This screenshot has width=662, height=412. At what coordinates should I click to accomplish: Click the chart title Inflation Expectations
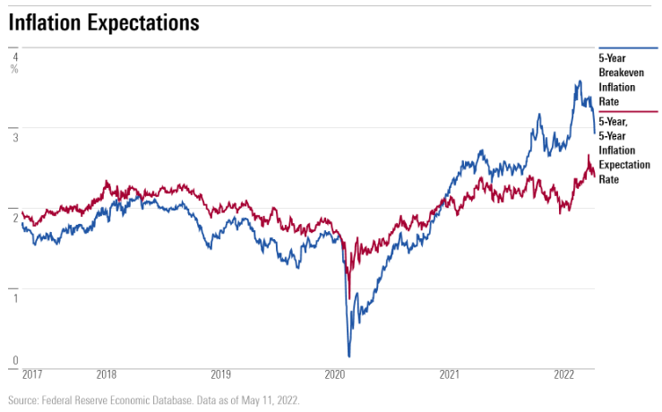(x=104, y=22)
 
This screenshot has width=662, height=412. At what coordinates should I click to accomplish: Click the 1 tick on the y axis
(x=14, y=296)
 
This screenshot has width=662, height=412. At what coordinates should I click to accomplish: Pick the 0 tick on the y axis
(x=14, y=361)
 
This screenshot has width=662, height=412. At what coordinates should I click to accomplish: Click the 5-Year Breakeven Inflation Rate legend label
(x=617, y=80)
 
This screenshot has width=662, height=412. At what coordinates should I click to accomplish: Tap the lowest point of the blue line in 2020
(x=349, y=356)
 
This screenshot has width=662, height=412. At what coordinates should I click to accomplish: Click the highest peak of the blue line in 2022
(x=580, y=82)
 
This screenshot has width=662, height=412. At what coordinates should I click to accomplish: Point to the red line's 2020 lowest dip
(x=348, y=297)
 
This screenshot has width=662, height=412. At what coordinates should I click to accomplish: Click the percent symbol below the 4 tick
(x=14, y=69)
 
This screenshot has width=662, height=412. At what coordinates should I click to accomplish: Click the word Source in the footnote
(x=24, y=400)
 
